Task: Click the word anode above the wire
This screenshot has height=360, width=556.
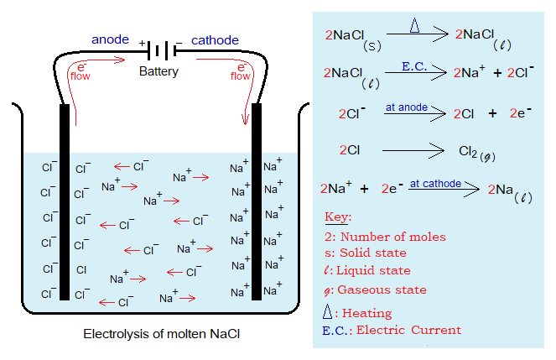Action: coord(110,39)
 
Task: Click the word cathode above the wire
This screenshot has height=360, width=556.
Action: coord(216,39)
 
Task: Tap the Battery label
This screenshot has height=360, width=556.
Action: coord(159,71)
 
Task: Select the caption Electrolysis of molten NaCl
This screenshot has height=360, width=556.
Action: coord(161,334)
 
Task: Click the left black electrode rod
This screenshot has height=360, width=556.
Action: coord(65,201)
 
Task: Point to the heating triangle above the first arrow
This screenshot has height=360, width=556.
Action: coord(414,25)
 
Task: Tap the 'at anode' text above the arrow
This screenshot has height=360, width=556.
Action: coord(407,107)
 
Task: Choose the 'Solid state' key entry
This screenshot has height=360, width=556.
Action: coord(372,253)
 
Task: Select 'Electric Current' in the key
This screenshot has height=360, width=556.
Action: coord(408,330)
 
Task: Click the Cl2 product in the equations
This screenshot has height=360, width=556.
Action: coord(471,152)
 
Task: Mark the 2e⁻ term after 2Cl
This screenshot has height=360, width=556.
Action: coord(522,112)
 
